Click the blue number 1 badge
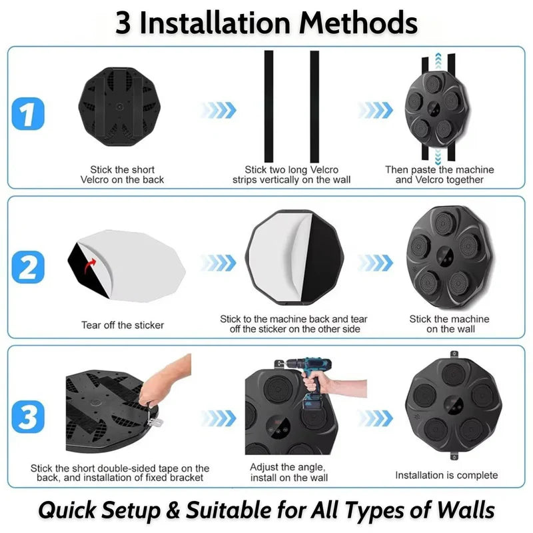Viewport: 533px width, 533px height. [x=28, y=114]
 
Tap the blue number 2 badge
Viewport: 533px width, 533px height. [x=28, y=267]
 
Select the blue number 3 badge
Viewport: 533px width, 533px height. [x=28, y=417]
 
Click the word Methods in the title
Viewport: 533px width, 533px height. [x=358, y=23]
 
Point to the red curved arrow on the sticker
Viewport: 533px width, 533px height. [x=90, y=266]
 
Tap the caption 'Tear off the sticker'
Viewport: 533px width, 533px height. [x=123, y=325]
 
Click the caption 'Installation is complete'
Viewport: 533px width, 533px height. [x=446, y=475]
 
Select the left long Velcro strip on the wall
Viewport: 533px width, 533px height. [x=269, y=107]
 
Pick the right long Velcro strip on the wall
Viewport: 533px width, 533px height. [x=314, y=107]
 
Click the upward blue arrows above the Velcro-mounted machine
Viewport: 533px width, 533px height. [x=438, y=61]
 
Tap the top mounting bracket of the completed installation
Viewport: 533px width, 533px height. [x=454, y=355]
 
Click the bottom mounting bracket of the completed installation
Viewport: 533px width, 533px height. [x=454, y=456]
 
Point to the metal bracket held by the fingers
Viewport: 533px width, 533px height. [x=155, y=422]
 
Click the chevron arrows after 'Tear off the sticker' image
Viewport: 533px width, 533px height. [x=218, y=263]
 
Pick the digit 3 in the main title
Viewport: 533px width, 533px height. [x=123, y=23]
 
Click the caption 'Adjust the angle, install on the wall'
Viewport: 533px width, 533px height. [x=289, y=472]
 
